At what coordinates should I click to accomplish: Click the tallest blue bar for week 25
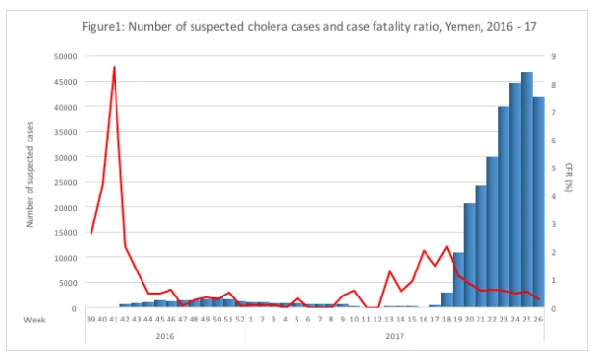527,190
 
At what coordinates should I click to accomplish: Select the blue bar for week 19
458,280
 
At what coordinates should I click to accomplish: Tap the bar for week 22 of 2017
492,232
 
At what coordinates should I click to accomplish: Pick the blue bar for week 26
538,202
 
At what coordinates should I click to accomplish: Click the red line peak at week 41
114,67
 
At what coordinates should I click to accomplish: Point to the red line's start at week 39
91,234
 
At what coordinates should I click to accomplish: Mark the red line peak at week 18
447,247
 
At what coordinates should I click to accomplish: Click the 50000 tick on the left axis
66,56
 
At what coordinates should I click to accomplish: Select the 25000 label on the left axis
66,183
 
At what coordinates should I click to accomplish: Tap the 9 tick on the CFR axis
554,56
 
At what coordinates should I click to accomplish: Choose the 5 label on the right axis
554,168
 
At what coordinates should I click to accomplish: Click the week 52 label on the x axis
240,320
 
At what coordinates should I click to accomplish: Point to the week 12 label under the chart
377,320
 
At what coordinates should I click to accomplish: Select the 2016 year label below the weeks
165,336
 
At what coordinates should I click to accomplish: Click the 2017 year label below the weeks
395,336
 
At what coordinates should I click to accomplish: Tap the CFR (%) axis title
568,177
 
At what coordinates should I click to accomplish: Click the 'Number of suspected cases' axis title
30,174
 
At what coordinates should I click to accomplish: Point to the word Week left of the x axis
35,320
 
